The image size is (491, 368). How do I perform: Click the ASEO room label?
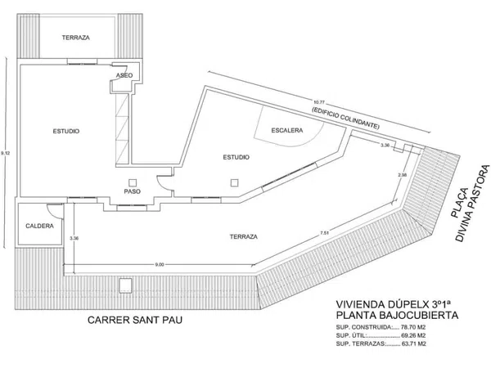[x=124, y=75]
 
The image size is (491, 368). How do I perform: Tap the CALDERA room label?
[x=39, y=226]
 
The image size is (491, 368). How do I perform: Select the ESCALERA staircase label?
[x=287, y=130]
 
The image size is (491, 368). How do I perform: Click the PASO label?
[x=132, y=191]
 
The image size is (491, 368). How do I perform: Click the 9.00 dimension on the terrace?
[x=160, y=265]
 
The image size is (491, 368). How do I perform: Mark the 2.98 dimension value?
[x=403, y=175]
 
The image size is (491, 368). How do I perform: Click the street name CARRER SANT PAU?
[x=135, y=321]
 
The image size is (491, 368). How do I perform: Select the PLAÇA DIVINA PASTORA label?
[x=470, y=204]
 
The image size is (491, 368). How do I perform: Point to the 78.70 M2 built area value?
[x=413, y=328]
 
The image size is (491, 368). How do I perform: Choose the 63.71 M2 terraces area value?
[x=413, y=344]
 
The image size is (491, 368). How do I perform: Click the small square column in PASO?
[x=133, y=182]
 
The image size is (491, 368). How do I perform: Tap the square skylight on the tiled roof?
[x=126, y=285]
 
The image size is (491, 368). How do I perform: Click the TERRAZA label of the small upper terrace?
[x=76, y=38]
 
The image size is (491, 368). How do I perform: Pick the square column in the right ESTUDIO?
[x=234, y=182]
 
